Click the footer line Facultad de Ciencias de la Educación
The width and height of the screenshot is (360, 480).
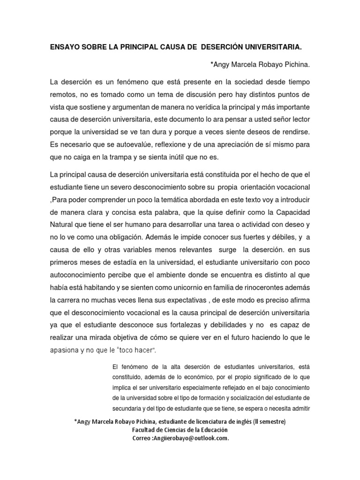tap(180, 429)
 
